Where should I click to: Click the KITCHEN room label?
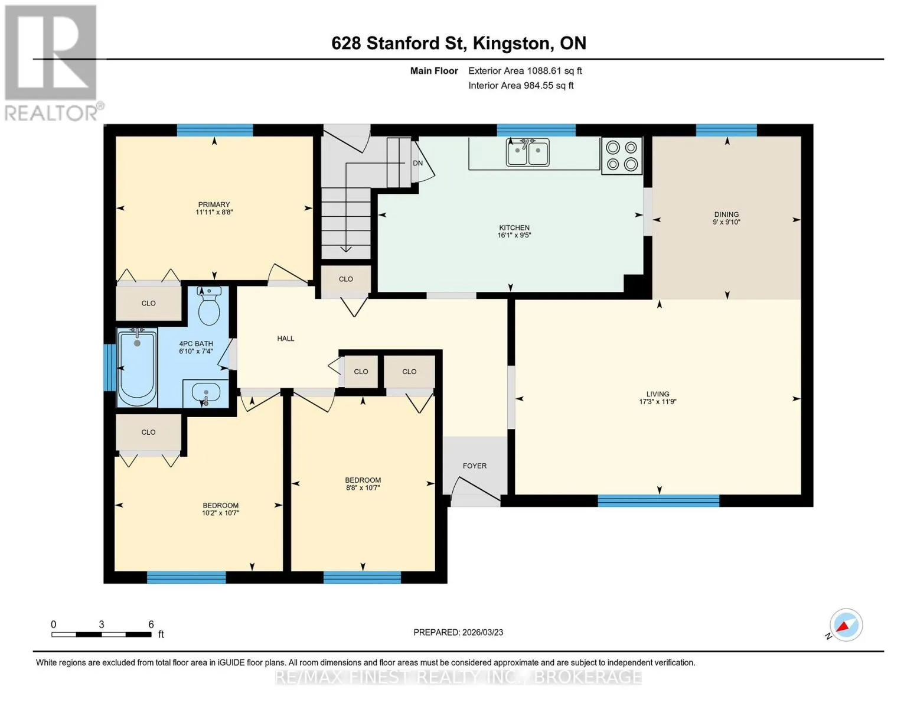click(x=514, y=227)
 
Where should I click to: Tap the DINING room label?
click(x=726, y=214)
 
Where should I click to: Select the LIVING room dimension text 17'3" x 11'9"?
click(x=657, y=402)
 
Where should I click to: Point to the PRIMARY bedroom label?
click(x=214, y=204)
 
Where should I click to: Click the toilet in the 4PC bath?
click(x=209, y=305)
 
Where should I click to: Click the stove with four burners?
click(x=622, y=155)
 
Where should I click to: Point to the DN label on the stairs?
click(x=418, y=163)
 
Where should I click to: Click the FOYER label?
click(x=475, y=466)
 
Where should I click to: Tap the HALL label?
click(x=286, y=338)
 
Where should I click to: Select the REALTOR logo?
click(x=52, y=63)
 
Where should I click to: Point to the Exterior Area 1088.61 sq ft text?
click(x=525, y=71)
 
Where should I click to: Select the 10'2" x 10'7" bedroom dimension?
click(x=220, y=513)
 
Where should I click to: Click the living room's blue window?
click(x=658, y=501)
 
